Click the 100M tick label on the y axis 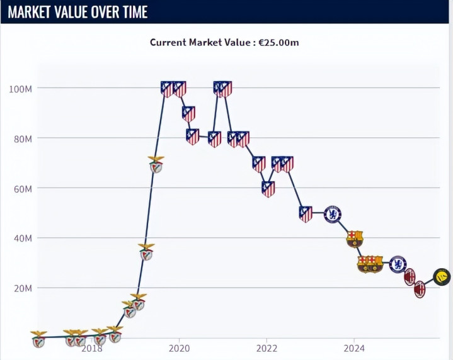[20, 89]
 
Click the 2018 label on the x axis [92, 348]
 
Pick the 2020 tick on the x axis [179, 348]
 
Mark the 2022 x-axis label [267, 348]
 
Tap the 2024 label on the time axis [354, 348]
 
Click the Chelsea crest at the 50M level [333, 215]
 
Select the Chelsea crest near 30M [398, 264]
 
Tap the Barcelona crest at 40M [355, 239]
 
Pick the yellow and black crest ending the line [442, 277]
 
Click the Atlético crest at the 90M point [188, 114]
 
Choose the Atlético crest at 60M [268, 189]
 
